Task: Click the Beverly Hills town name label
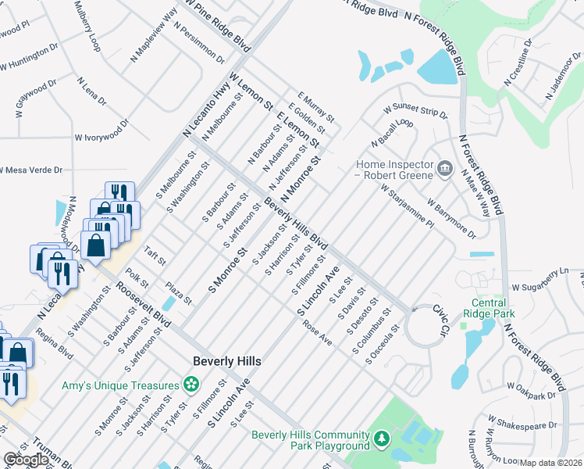[226, 360]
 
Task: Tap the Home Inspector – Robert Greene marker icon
[444, 167]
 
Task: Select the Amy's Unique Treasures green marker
[190, 384]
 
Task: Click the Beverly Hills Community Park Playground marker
[380, 440]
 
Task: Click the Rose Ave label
[318, 334]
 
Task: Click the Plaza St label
[178, 295]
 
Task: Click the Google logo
[26, 460]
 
